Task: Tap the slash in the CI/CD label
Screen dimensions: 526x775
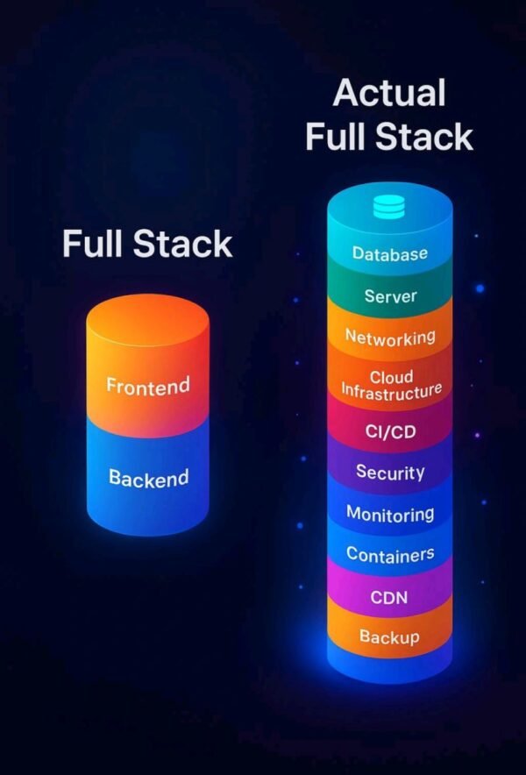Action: pos(389,432)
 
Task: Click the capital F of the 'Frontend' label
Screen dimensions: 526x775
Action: pos(111,386)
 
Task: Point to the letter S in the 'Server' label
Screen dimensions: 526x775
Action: pos(370,295)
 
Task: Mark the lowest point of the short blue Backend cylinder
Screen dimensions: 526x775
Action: pos(147,537)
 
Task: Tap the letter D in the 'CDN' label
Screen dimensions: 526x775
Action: pos(389,597)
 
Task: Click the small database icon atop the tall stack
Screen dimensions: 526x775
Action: pos(388,207)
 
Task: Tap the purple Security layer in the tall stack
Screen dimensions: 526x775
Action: pos(389,470)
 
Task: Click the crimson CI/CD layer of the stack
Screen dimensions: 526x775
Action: pos(389,429)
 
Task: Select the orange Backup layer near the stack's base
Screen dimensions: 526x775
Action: pos(389,634)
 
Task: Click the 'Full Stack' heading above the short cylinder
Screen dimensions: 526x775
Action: pos(147,244)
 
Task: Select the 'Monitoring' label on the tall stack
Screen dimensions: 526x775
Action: pos(390,514)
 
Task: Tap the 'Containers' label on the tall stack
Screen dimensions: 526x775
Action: pos(390,554)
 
